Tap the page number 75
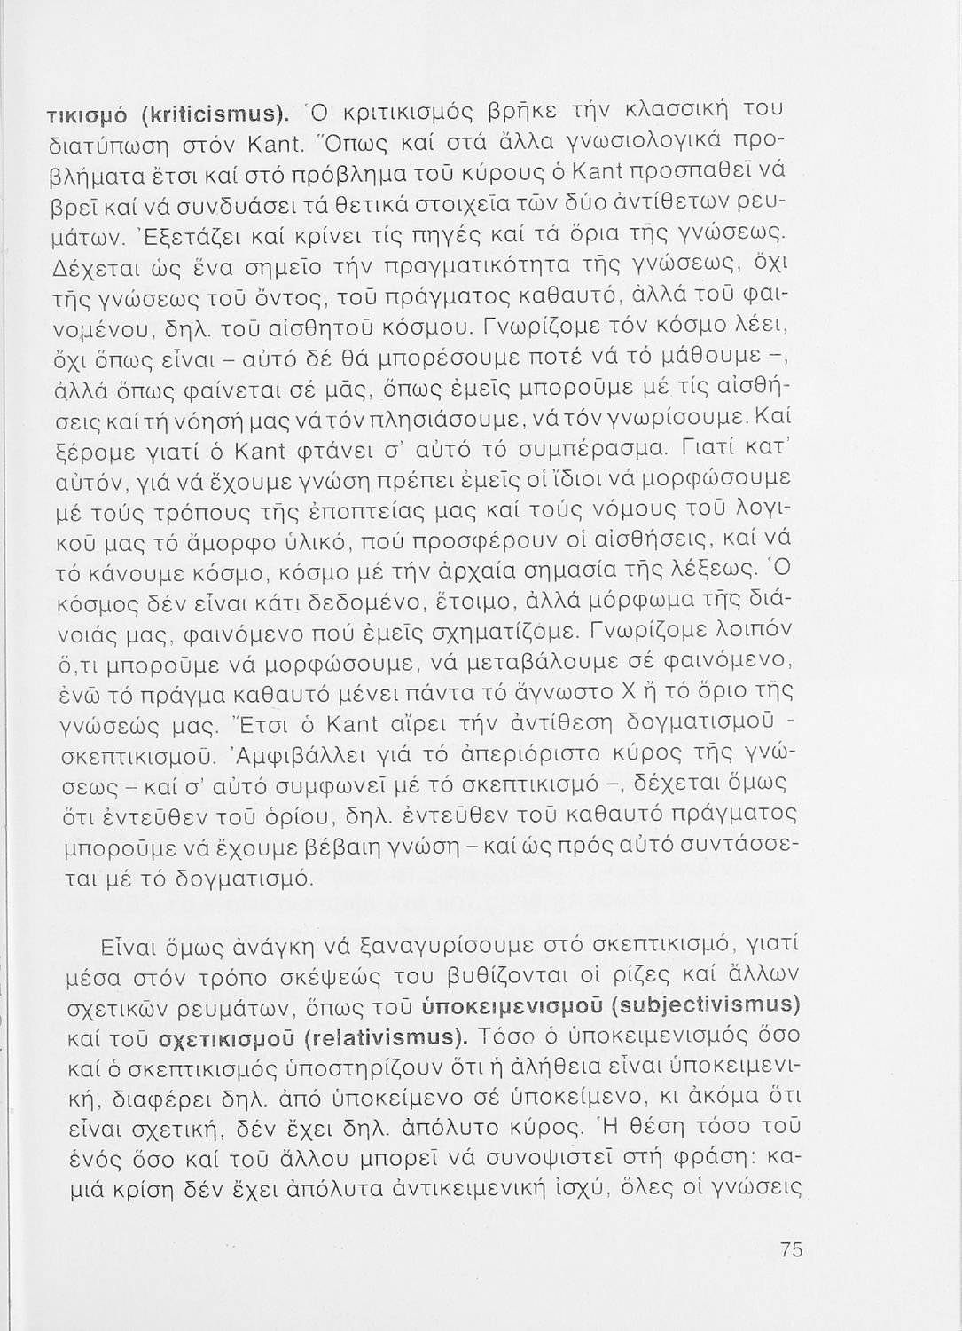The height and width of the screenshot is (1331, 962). click(x=792, y=1250)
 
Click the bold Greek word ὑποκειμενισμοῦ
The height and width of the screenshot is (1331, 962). click(x=505, y=1008)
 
